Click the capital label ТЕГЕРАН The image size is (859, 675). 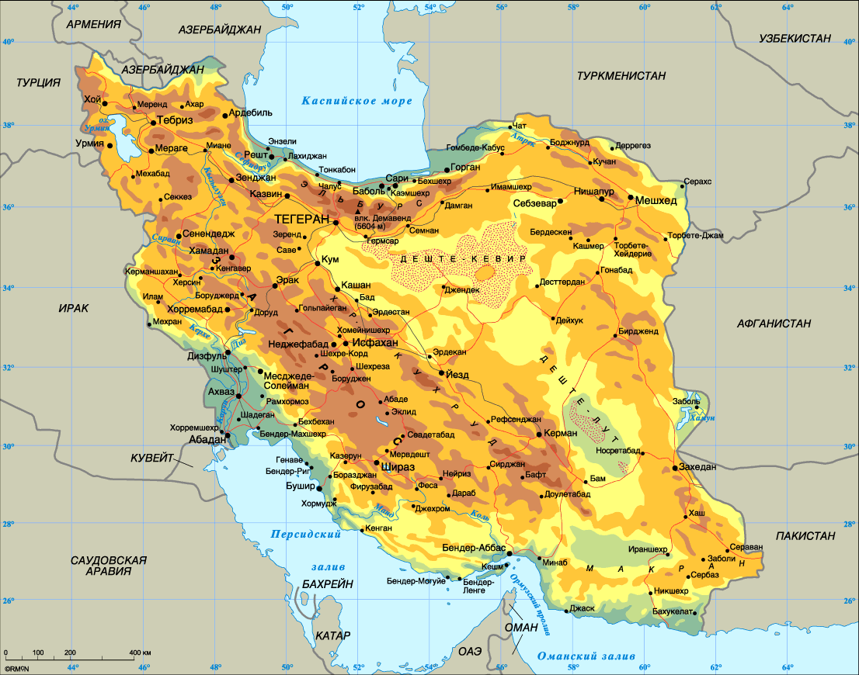pos(302,220)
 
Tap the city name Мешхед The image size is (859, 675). pos(656,201)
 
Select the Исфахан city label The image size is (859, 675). pos(375,342)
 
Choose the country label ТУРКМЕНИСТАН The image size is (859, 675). pos(621,75)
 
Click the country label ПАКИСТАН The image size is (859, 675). pos(805,535)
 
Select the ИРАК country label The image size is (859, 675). pos(74,308)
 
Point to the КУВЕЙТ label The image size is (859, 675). pos(152,458)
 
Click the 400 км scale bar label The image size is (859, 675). pos(140,652)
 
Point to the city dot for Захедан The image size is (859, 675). pos(675,468)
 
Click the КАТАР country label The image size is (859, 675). pos(333,635)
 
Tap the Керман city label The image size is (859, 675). pos(562,434)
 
